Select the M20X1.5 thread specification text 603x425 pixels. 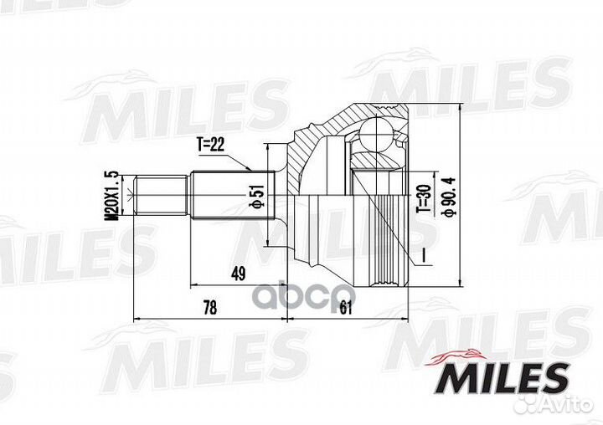coord(108,193)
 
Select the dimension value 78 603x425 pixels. coord(209,308)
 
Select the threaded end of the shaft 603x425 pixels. coord(160,196)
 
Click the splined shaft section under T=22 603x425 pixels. coord(221,196)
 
